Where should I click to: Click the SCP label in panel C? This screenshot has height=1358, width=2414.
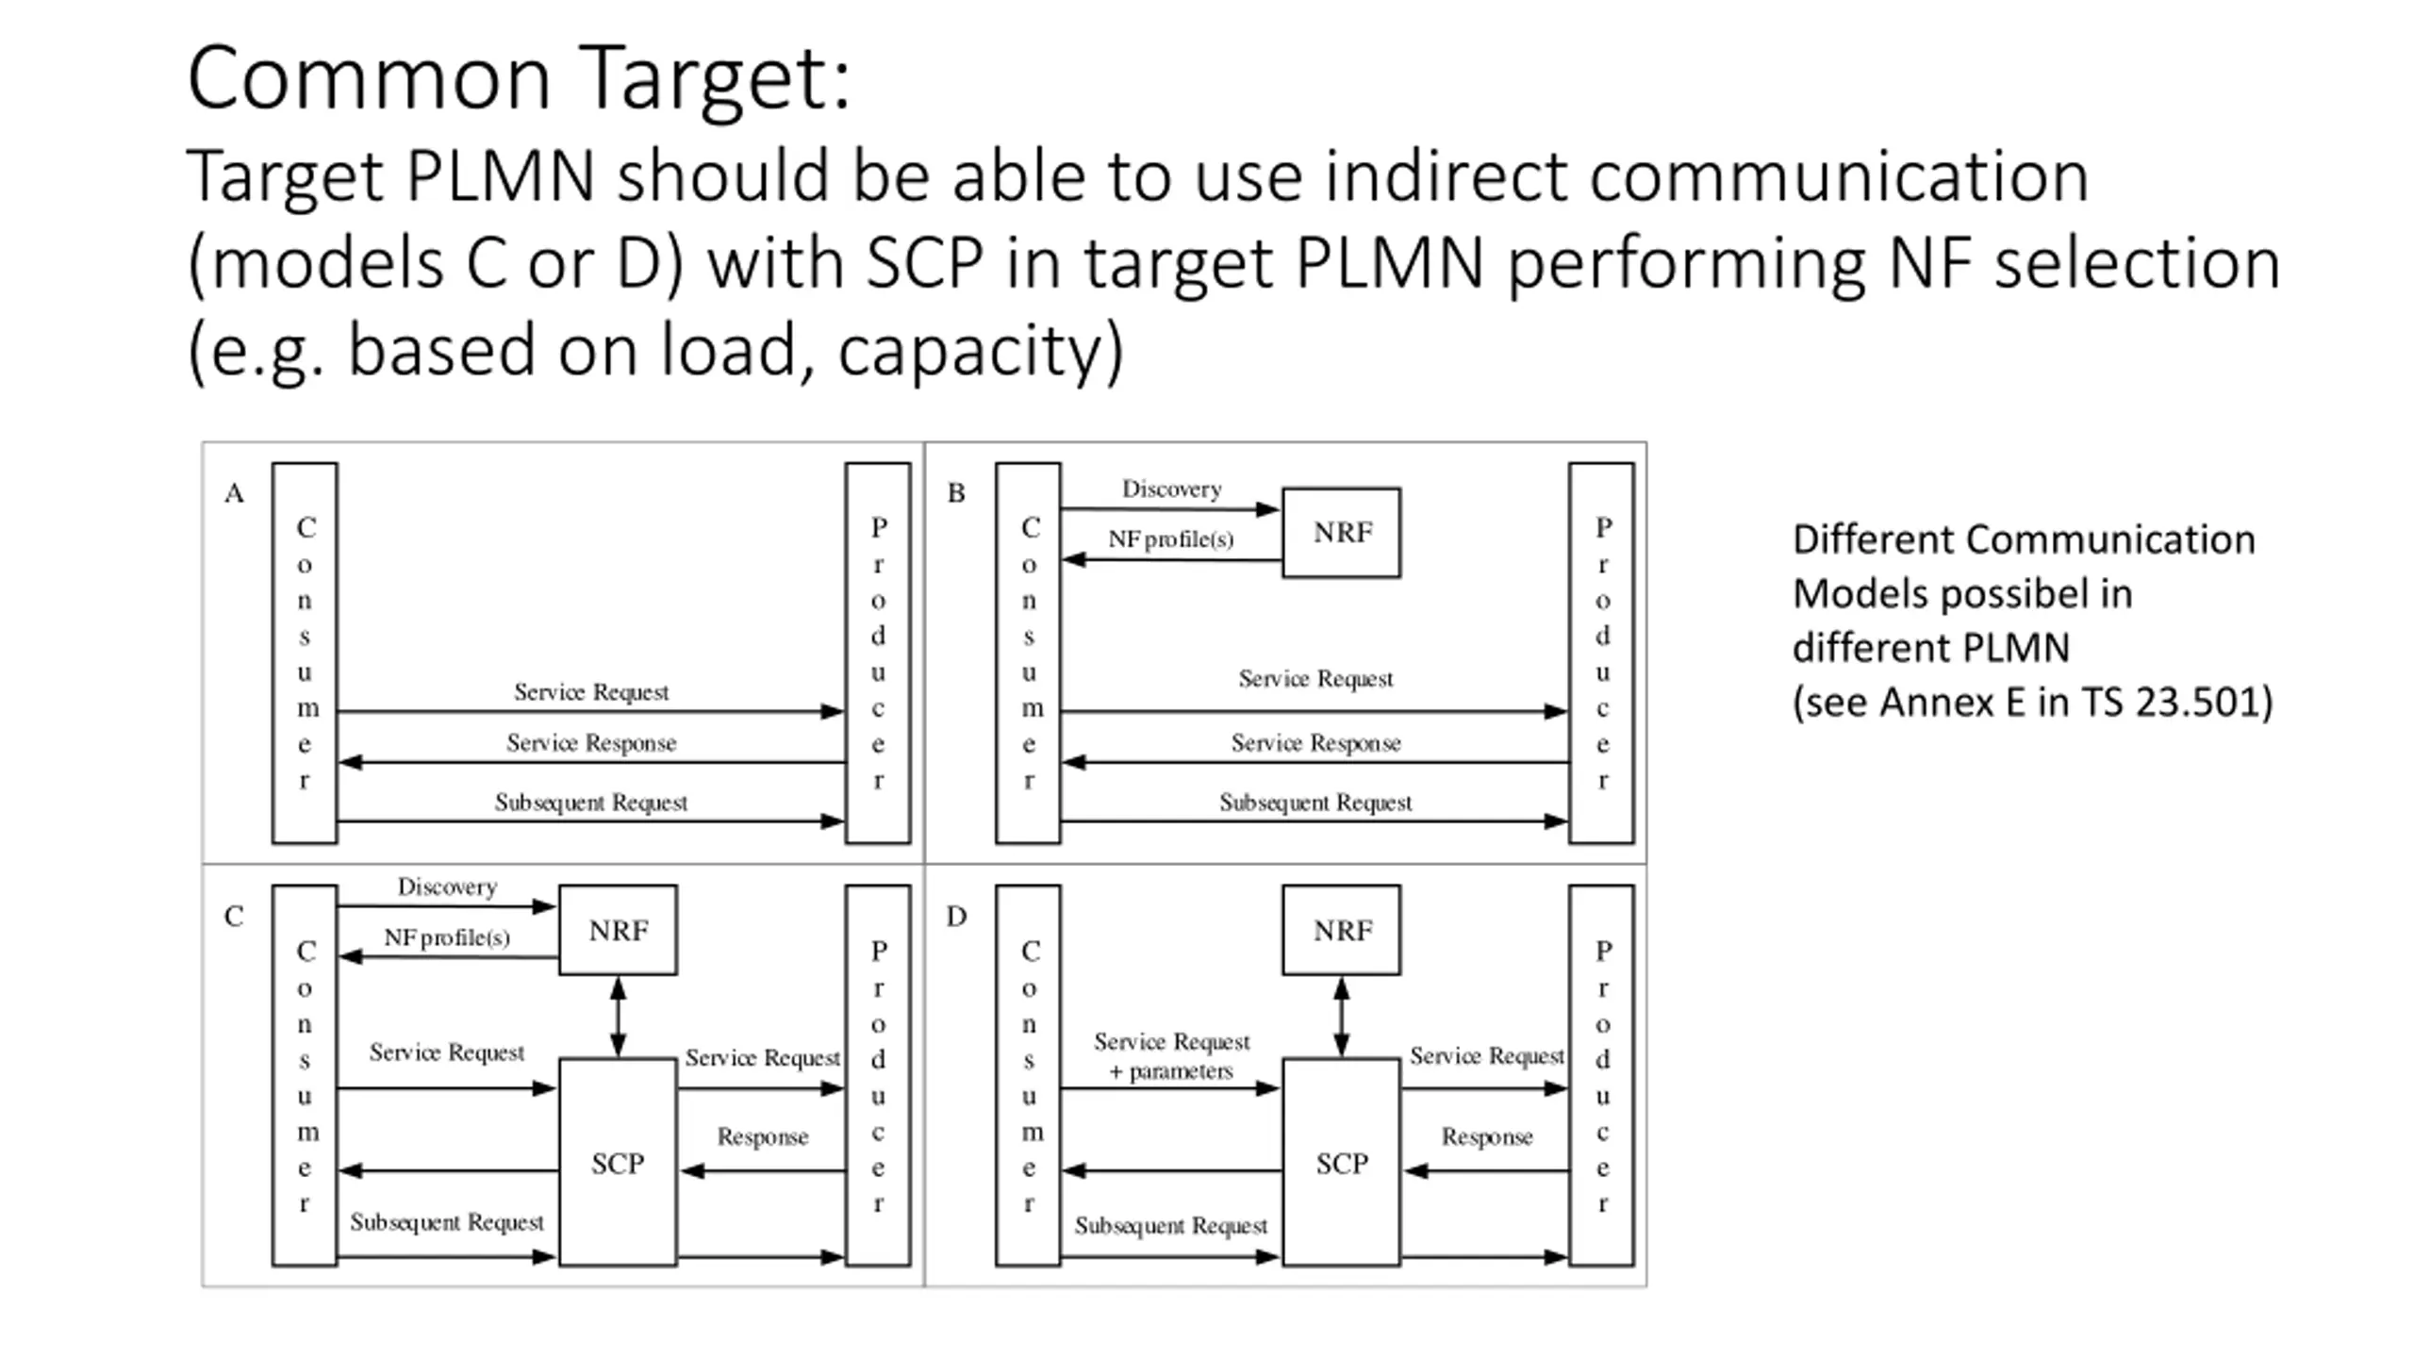click(618, 1164)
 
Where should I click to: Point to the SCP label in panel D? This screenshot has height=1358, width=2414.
click(1342, 1164)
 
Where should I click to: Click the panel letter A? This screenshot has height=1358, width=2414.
click(234, 493)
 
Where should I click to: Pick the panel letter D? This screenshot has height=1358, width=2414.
click(956, 917)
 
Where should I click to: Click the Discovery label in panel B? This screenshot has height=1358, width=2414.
click(1171, 489)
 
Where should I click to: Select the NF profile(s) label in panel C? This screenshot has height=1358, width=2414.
click(447, 937)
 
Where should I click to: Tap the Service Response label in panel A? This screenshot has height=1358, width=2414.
click(591, 743)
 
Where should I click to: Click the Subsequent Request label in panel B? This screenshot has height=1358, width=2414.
click(1315, 803)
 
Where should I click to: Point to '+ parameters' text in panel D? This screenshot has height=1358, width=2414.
click(1171, 1071)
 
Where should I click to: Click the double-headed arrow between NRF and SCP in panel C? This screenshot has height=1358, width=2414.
click(618, 1017)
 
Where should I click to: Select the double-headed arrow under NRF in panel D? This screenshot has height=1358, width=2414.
click(1341, 1017)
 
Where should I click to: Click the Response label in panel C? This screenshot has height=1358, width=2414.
click(763, 1137)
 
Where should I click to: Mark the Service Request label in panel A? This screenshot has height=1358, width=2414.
click(591, 692)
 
